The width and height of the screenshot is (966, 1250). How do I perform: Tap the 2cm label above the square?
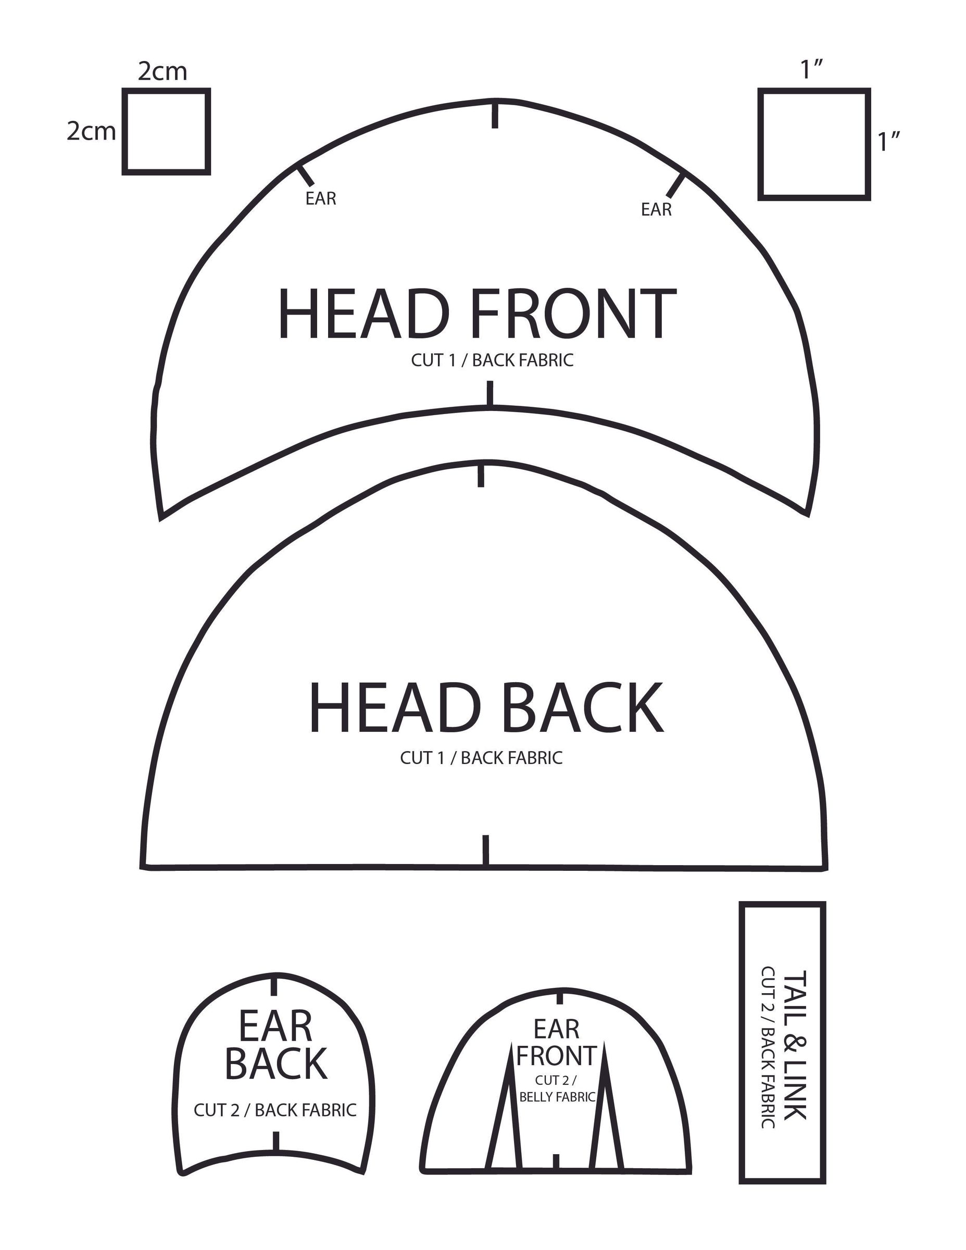click(x=162, y=71)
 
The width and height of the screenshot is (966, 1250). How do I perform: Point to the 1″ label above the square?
click(x=812, y=70)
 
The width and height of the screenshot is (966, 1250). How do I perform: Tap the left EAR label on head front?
click(x=320, y=198)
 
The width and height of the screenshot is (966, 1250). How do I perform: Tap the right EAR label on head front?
click(x=656, y=209)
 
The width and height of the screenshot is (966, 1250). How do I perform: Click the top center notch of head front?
click(x=495, y=116)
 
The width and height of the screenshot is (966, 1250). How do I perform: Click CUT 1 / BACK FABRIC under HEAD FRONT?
click(x=492, y=360)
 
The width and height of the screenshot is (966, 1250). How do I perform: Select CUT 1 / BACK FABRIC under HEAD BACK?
click(x=481, y=758)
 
